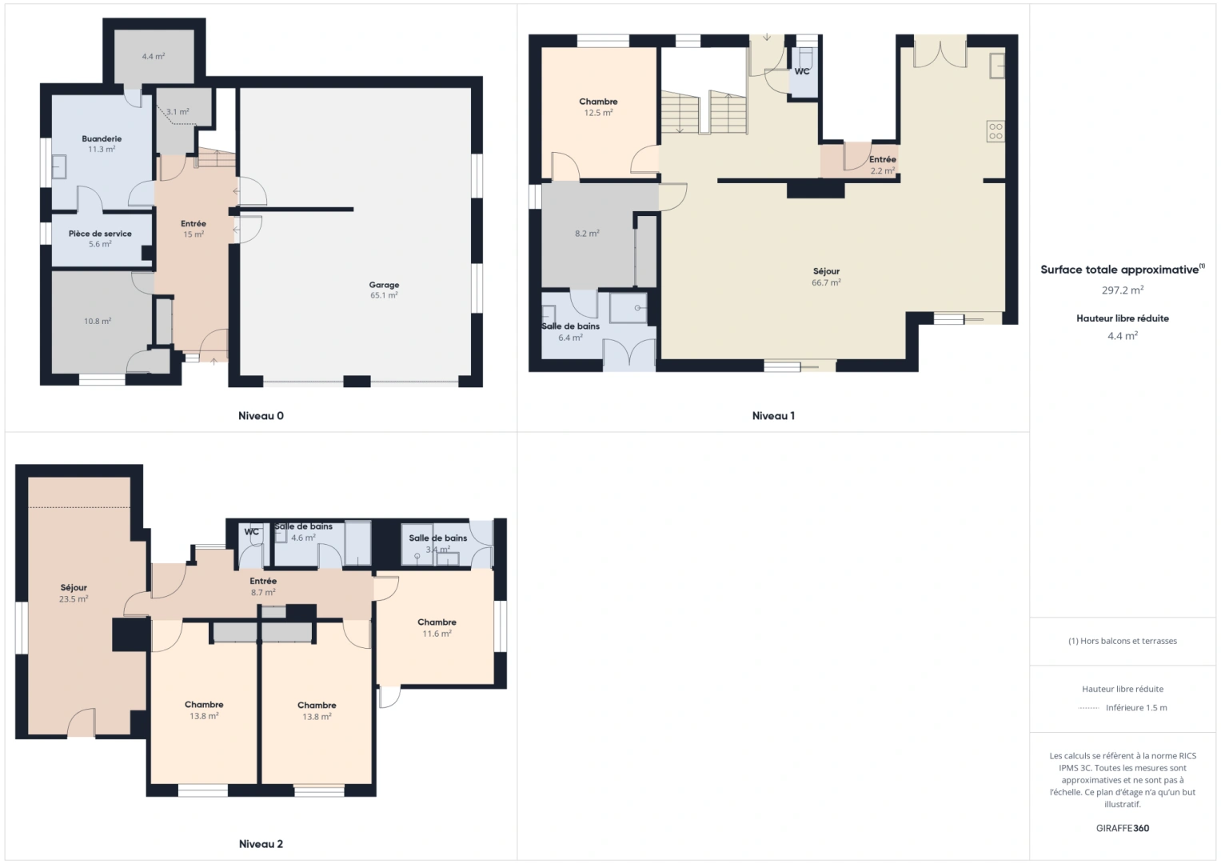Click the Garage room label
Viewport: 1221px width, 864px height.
pyautogui.click(x=384, y=285)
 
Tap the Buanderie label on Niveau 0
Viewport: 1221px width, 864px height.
pyautogui.click(x=102, y=138)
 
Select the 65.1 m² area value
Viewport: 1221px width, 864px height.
pyautogui.click(x=384, y=295)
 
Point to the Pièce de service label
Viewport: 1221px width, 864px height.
pyautogui.click(x=100, y=234)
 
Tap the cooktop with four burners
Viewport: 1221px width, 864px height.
pyautogui.click(x=996, y=131)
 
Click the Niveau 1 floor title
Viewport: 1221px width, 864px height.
pyautogui.click(x=773, y=416)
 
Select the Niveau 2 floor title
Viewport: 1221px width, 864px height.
pyautogui.click(x=261, y=844)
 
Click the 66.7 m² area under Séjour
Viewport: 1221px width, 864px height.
pyautogui.click(x=826, y=282)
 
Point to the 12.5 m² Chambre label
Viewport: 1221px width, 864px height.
pyautogui.click(x=598, y=107)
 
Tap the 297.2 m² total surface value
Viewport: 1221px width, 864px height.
pyautogui.click(x=1123, y=290)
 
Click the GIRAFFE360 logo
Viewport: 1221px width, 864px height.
pyautogui.click(x=1123, y=828)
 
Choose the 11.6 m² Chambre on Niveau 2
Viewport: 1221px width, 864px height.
pyautogui.click(x=437, y=628)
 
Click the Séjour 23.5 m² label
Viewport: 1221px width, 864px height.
pyautogui.click(x=74, y=593)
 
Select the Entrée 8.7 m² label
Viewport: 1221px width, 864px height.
pyautogui.click(x=263, y=586)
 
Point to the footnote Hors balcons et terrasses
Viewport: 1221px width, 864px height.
pyautogui.click(x=1123, y=641)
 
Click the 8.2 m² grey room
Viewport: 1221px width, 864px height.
pyautogui.click(x=587, y=234)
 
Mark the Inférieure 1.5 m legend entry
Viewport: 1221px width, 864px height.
pyautogui.click(x=1136, y=707)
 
